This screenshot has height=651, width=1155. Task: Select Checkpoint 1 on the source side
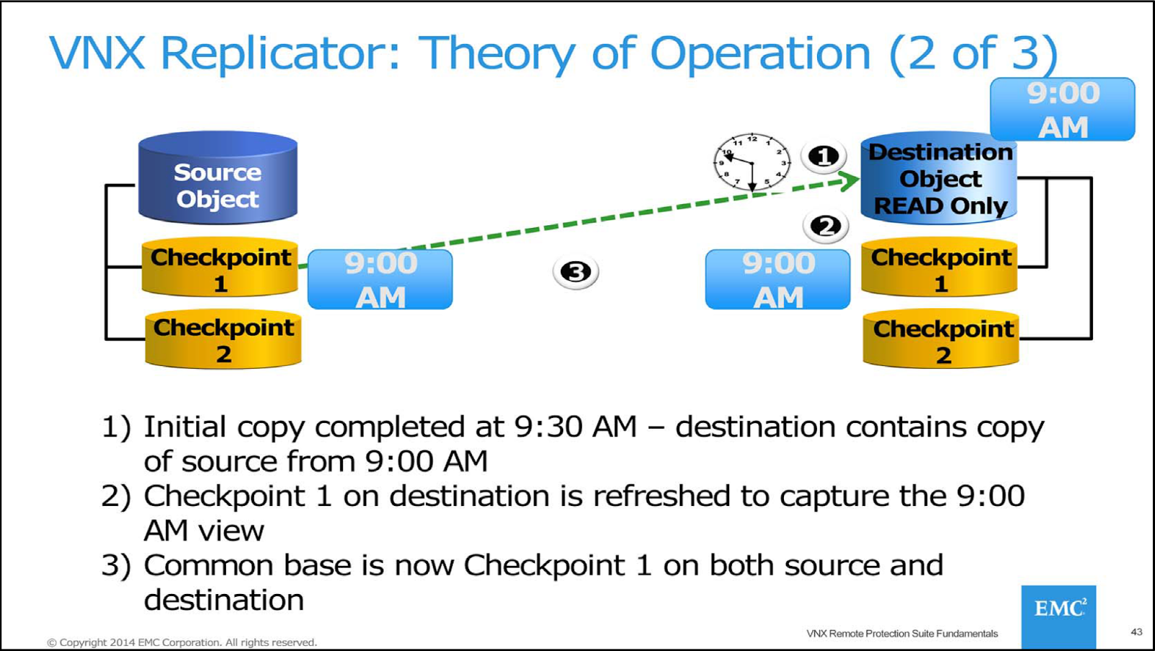pyautogui.click(x=220, y=268)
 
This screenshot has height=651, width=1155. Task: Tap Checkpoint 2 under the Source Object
pyautogui.click(x=223, y=339)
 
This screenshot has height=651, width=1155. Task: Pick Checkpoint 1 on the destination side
pyautogui.click(x=940, y=268)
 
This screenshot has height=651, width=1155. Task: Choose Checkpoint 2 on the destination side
pyautogui.click(x=941, y=340)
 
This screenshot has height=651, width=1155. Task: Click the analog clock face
pyautogui.click(x=751, y=162)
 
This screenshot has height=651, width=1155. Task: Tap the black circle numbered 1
pyautogui.click(x=824, y=156)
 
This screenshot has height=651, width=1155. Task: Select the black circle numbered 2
pyautogui.click(x=826, y=227)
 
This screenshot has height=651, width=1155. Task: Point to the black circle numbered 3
pyautogui.click(x=575, y=272)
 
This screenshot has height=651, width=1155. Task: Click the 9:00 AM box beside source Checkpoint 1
pyautogui.click(x=380, y=280)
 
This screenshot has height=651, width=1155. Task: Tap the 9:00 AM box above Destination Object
pyautogui.click(x=1063, y=110)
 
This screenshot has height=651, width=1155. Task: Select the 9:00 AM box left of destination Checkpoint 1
pyautogui.click(x=777, y=280)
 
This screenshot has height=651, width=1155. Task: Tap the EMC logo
pyautogui.click(x=1058, y=610)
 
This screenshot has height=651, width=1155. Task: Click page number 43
pyautogui.click(x=1136, y=632)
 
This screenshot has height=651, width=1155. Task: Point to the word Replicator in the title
pyautogui.click(x=280, y=54)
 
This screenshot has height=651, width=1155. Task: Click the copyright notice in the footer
pyautogui.click(x=182, y=642)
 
